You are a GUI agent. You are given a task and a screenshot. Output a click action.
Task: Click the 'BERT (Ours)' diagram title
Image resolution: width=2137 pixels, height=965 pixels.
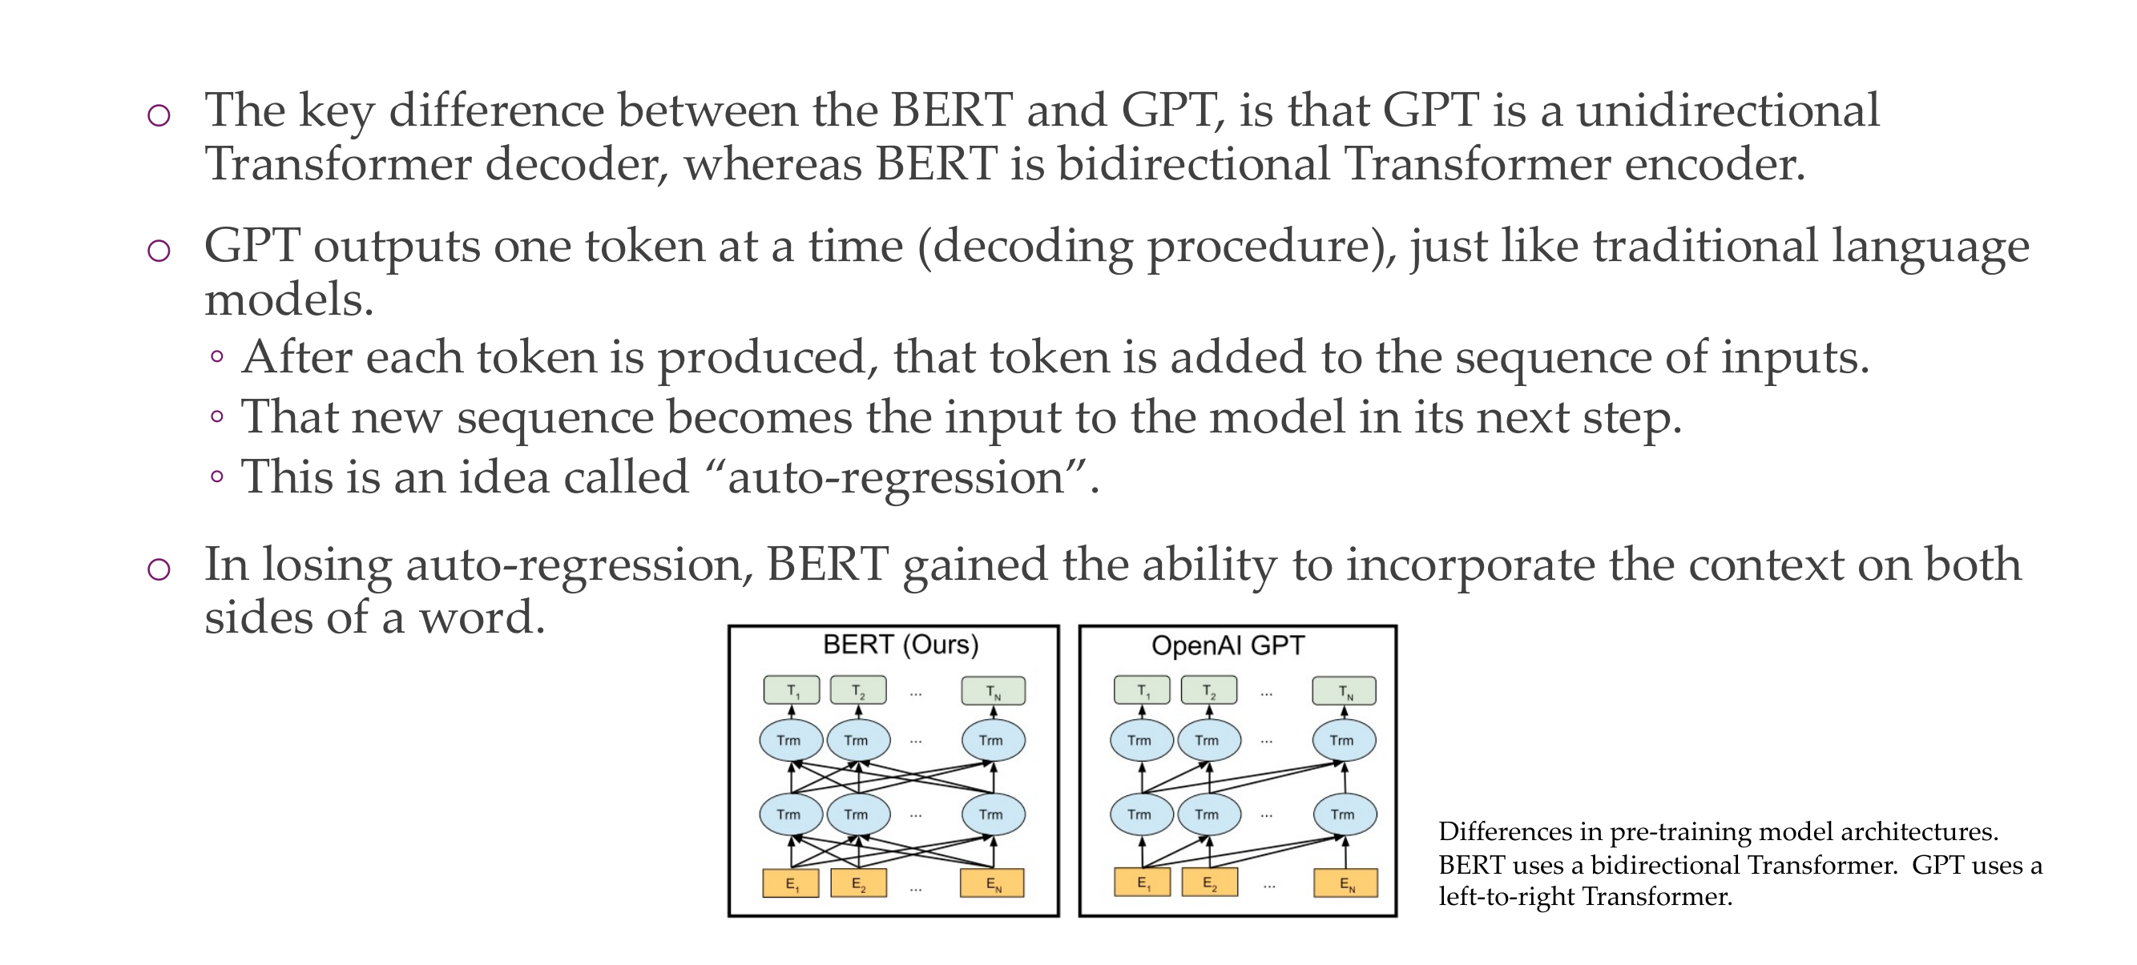[x=900, y=645]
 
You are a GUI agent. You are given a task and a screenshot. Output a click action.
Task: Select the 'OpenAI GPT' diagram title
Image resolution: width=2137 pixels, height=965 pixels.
[x=1228, y=645]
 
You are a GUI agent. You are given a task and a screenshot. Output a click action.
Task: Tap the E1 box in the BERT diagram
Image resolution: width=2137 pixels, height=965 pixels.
[x=792, y=884]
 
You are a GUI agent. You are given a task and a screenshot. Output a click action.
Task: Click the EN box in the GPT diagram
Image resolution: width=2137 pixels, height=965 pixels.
[x=1345, y=883]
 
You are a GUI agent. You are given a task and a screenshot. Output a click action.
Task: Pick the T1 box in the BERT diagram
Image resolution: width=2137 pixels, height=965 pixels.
[x=792, y=690]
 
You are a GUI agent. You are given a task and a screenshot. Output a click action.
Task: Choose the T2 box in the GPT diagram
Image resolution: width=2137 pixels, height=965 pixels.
[x=1208, y=690]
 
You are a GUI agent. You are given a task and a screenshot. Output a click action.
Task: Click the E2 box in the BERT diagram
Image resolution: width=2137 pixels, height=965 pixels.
[x=859, y=884]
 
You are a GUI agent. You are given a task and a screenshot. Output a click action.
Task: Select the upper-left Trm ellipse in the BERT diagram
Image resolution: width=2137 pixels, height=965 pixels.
[x=791, y=740]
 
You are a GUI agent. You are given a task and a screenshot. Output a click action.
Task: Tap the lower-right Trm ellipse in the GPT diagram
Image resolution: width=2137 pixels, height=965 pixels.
[x=1345, y=814]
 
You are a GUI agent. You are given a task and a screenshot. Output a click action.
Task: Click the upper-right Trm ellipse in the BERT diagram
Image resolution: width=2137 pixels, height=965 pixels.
[x=993, y=740]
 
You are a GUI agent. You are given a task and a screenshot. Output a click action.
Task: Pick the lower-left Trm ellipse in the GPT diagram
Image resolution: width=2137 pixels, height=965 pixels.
[x=1142, y=814]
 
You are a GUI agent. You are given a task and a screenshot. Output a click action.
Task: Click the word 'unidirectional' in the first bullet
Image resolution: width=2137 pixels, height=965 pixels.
[x=1728, y=110]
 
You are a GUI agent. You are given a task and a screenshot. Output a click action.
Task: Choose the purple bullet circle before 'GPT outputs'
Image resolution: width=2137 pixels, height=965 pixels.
[x=159, y=250]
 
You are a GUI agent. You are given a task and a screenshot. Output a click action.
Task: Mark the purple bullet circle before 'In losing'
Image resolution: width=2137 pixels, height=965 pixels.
[x=159, y=569]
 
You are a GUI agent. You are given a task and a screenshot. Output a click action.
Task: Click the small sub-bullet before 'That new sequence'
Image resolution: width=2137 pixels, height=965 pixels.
[x=216, y=416]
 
